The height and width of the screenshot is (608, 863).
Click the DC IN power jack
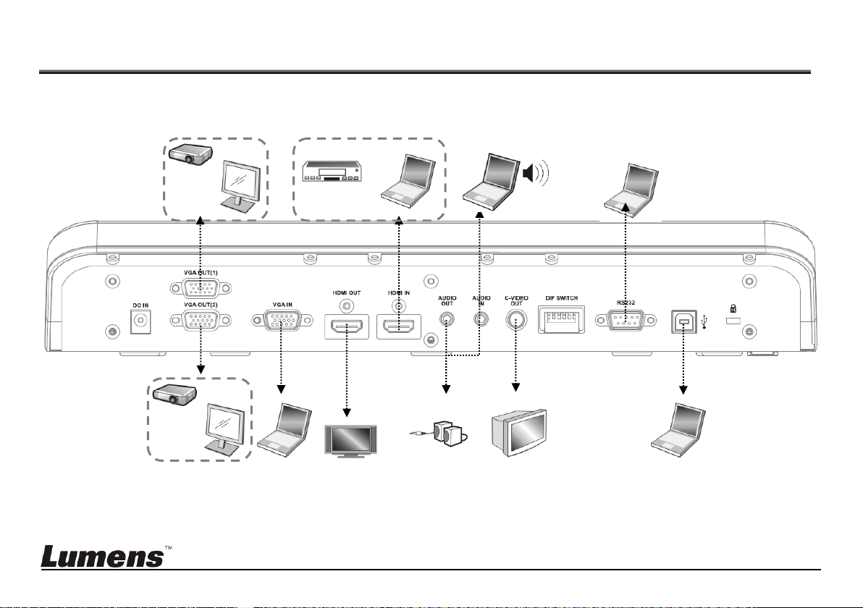tap(141, 321)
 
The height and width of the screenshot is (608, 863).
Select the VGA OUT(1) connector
tap(201, 288)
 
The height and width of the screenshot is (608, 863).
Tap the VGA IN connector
tap(282, 320)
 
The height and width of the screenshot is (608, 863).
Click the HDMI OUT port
tap(347, 327)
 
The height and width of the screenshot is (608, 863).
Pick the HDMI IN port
tap(399, 327)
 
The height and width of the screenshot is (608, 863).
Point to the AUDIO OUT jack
tap(447, 318)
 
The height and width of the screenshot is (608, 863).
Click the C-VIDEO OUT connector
tap(515, 320)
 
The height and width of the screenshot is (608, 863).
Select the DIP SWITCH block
tap(561, 320)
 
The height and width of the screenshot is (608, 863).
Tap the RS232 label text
tap(626, 303)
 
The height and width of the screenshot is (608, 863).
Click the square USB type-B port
tap(683, 321)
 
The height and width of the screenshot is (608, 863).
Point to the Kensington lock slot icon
tap(733, 309)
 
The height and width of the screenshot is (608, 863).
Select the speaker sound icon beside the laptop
tap(536, 173)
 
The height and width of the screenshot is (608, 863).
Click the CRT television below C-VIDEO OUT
tap(519, 432)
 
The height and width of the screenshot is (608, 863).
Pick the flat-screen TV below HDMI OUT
tap(350, 442)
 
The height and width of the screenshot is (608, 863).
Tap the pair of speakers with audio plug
tap(439, 434)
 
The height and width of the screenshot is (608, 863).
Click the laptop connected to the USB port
tap(678, 431)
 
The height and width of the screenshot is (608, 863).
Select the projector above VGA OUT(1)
tap(190, 153)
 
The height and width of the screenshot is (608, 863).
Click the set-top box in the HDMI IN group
tap(332, 171)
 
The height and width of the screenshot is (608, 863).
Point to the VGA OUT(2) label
tap(201, 305)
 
